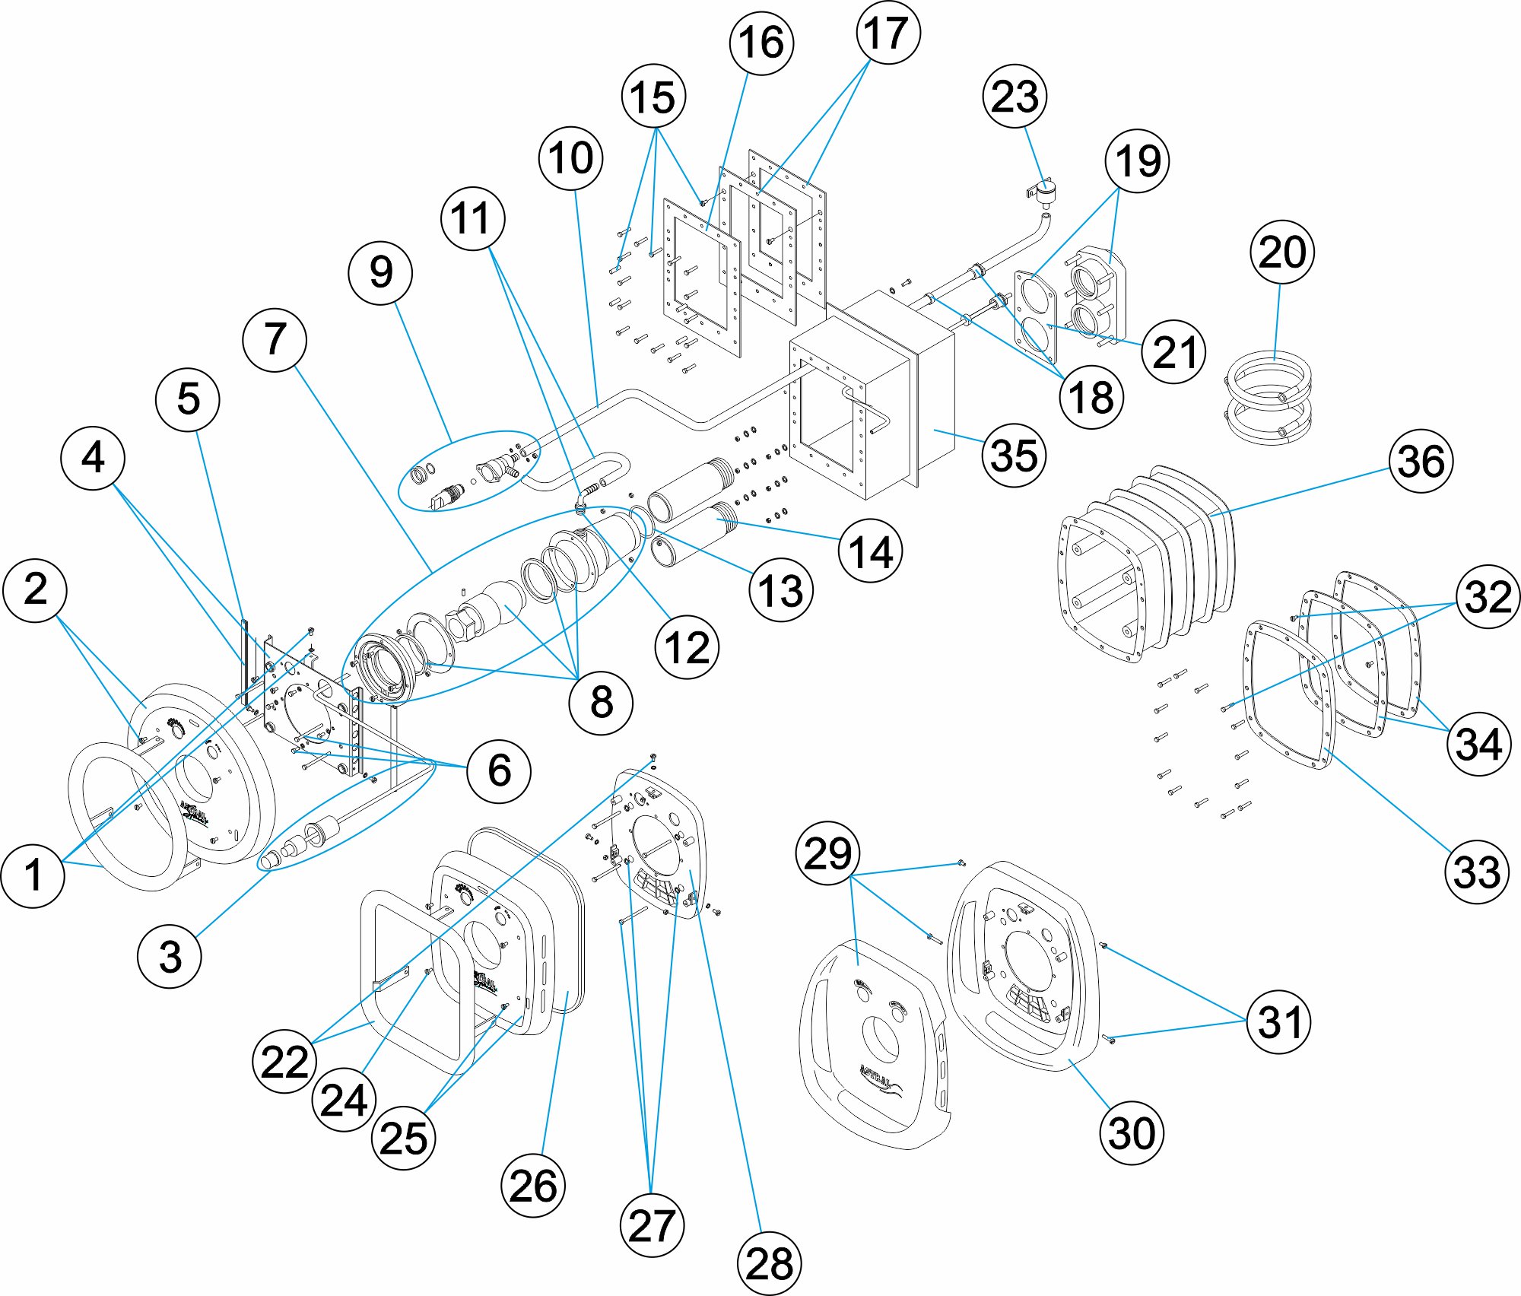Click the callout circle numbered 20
tap(1282, 252)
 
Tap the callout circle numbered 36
tap(1421, 461)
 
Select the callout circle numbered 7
tap(275, 339)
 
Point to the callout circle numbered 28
tap(769, 1263)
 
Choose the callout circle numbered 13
tap(780, 590)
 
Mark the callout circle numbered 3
tap(170, 956)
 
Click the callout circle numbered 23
tap(1015, 97)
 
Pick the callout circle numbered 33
tap(1477, 872)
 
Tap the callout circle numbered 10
tap(570, 158)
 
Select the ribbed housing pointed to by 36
tap(1148, 563)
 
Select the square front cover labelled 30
tap(1023, 966)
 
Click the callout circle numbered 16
tap(761, 43)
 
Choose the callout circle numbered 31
tap(1279, 1021)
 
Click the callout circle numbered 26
tap(533, 1186)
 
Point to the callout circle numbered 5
tap(188, 399)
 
